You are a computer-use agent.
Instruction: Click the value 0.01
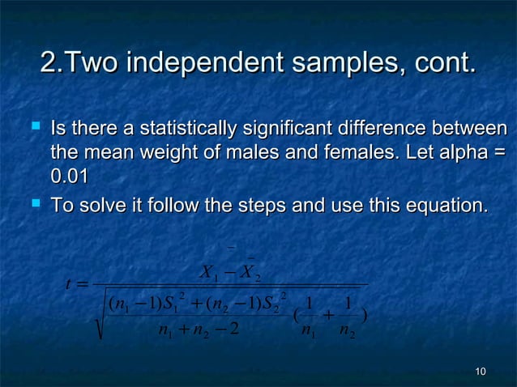coord(70,176)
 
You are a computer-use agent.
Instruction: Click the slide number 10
coord(481,372)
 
